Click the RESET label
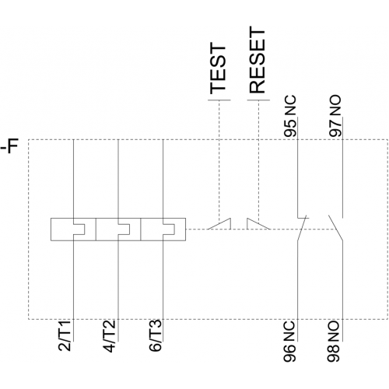coord(258,60)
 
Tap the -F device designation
coord(10,146)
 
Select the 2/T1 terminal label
coord(65,335)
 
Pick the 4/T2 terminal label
coord(109,335)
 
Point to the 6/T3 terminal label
coord(155,335)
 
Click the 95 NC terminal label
coord(289,116)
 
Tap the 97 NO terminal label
coord(335,116)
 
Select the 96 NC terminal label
coord(289,342)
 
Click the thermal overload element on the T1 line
coord(73,230)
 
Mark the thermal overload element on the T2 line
coord(118,230)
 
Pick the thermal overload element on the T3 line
coord(163,230)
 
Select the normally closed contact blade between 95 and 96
coord(302,228)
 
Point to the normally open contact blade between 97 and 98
coord(335,228)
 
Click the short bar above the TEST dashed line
coord(219,100)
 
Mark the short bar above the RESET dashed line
coord(258,100)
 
